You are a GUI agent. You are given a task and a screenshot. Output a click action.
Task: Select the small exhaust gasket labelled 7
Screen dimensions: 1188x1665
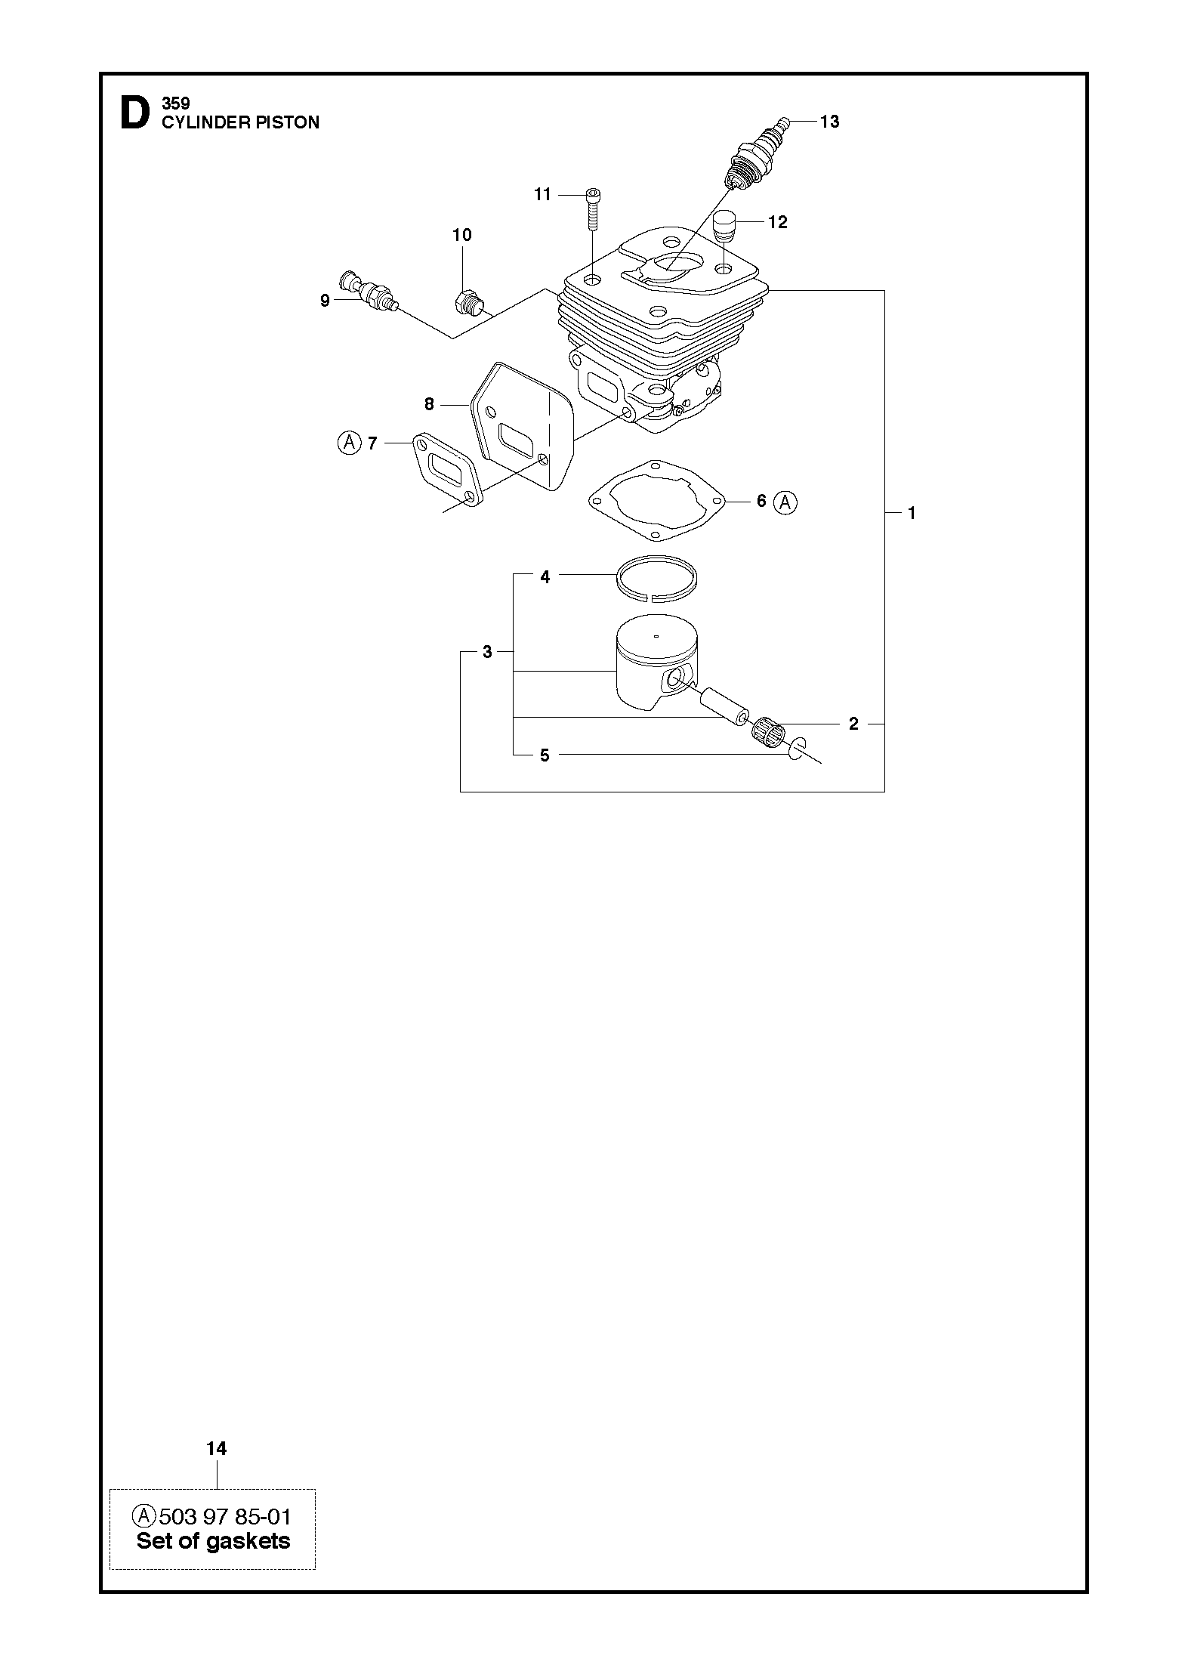coord(445,471)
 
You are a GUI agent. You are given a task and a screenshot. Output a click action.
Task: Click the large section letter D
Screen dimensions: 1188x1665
coord(134,113)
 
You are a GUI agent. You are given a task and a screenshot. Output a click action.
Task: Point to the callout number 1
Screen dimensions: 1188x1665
coord(912,513)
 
